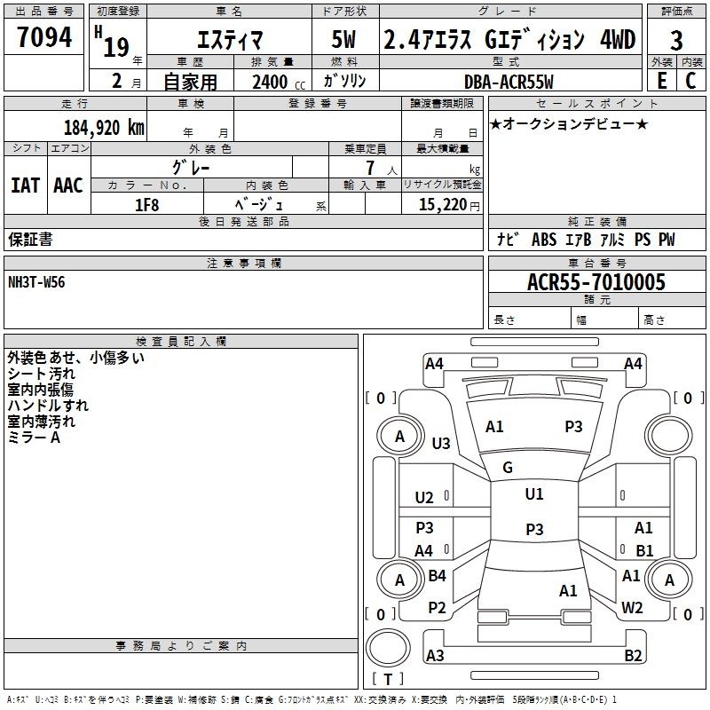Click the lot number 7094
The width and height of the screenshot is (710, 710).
pyautogui.click(x=44, y=37)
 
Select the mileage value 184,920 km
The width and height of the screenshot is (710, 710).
pyautogui.click(x=104, y=128)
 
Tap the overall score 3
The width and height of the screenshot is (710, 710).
pyautogui.click(x=676, y=41)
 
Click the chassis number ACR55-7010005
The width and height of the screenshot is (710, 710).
pyautogui.click(x=596, y=282)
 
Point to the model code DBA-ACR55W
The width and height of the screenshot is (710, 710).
pyautogui.click(x=509, y=82)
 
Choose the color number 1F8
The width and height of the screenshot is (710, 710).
pyautogui.click(x=146, y=205)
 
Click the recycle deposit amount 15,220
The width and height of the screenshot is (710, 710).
pyautogui.click(x=443, y=205)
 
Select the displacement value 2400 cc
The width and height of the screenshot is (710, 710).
pyautogui.click(x=279, y=82)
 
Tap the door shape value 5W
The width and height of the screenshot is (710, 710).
pyautogui.click(x=343, y=39)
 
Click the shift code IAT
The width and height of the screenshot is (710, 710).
pyautogui.click(x=25, y=185)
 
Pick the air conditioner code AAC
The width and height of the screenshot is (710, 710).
pyautogui.click(x=68, y=185)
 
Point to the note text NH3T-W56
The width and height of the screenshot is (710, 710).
pyautogui.click(x=36, y=282)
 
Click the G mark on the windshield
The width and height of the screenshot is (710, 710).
pyautogui.click(x=508, y=468)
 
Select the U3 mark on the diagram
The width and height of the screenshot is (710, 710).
pyautogui.click(x=441, y=443)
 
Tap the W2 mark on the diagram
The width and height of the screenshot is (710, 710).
pyautogui.click(x=632, y=608)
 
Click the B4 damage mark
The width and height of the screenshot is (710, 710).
pyautogui.click(x=437, y=575)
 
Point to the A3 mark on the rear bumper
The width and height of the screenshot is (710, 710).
pyautogui.click(x=435, y=655)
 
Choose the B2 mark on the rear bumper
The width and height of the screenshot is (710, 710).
pyautogui.click(x=633, y=655)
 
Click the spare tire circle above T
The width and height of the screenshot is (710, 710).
pyautogui.click(x=388, y=648)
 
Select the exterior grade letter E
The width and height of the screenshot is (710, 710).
pyautogui.click(x=662, y=81)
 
